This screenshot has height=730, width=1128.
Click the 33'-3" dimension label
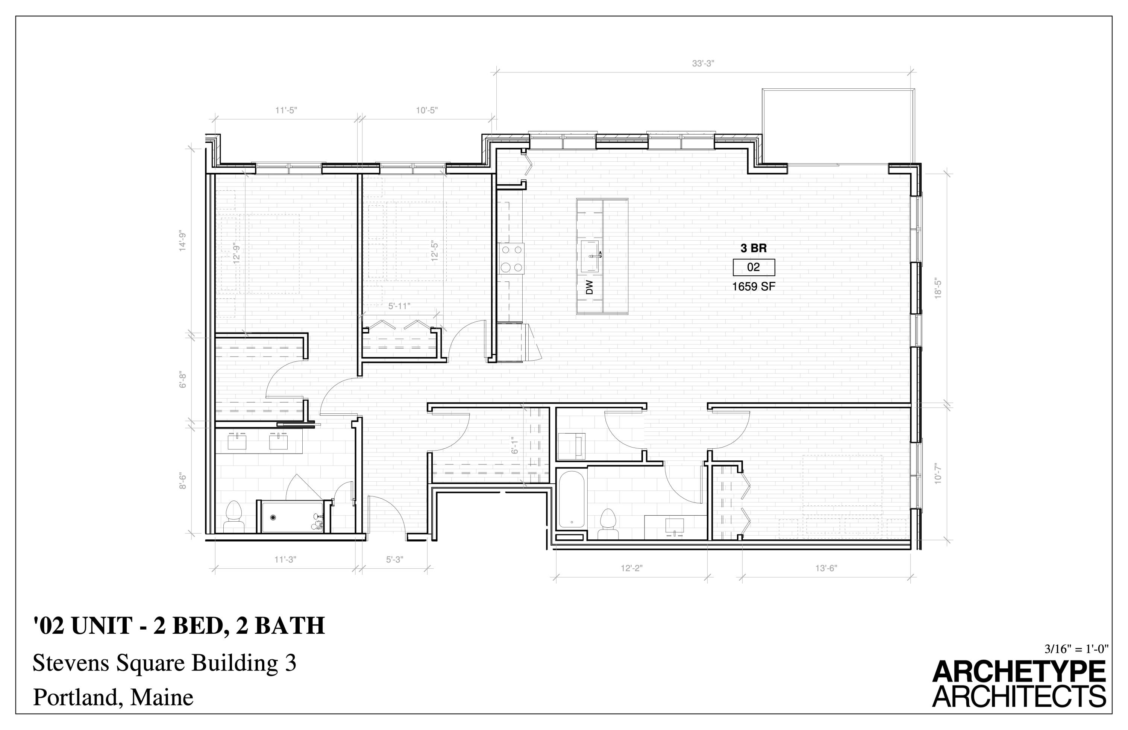point(702,64)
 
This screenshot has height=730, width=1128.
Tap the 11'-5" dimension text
point(286,111)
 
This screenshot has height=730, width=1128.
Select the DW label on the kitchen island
point(589,287)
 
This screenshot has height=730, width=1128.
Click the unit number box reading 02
point(754,267)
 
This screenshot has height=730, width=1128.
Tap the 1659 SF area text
point(754,287)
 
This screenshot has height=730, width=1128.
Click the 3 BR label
point(754,248)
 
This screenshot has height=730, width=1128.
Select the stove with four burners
point(511,258)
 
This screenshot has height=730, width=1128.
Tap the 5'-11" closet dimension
point(399,306)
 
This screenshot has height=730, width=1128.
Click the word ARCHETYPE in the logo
point(1019,672)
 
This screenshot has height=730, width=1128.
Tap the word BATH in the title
point(290,626)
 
